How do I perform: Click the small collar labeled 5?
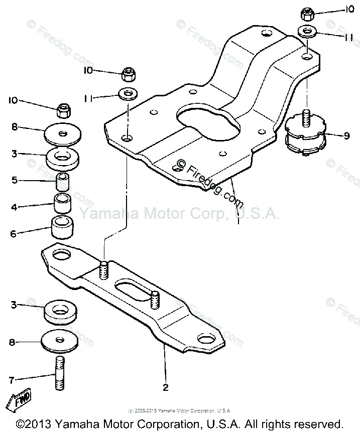pos(62,180)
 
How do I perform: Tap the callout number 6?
pos(14,233)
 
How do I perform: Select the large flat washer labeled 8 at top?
pos(62,133)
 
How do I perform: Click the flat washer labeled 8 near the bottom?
pos(61,341)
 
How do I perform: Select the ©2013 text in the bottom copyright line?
pos(38,423)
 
